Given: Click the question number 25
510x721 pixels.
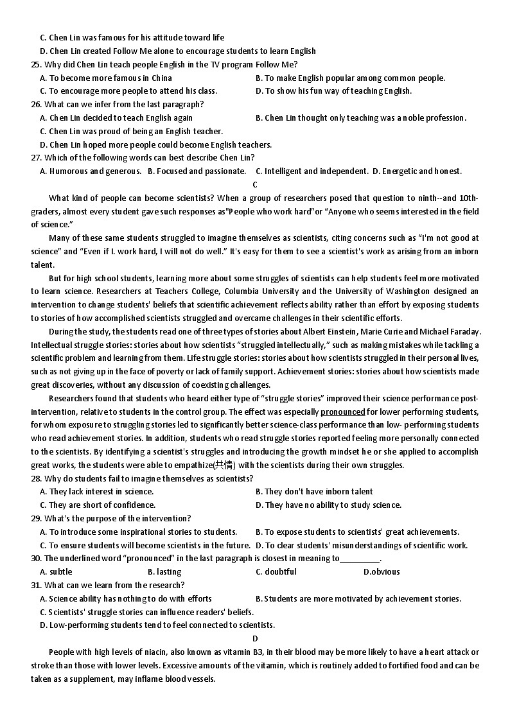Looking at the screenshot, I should (36, 64).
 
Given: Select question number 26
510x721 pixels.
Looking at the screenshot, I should (36, 104).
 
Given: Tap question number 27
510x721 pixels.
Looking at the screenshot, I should (36, 157).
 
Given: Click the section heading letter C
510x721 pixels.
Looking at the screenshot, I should (255, 184).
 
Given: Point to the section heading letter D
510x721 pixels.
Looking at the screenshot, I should (255, 638).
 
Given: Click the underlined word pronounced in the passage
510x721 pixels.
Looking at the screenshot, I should (342, 412).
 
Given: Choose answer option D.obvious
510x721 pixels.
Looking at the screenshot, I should (382, 571).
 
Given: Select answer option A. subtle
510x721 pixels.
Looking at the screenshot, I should (56, 571).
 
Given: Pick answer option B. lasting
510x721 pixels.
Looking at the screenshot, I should (164, 571).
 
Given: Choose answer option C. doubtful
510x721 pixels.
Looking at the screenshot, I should (276, 571).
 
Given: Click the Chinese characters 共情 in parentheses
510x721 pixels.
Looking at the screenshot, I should (225, 465).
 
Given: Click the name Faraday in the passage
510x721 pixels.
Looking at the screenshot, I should (463, 331).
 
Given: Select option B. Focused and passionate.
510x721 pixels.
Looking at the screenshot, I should (197, 171).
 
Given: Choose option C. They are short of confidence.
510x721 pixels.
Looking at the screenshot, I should (98, 505).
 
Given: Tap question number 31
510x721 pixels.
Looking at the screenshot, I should (36, 585).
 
